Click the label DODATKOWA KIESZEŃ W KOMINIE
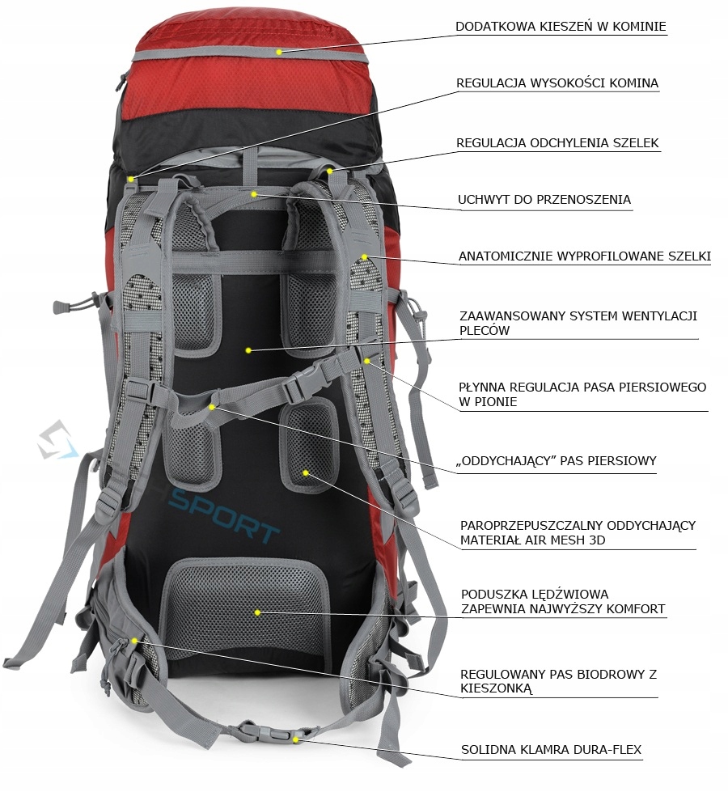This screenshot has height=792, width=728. pos(561,27)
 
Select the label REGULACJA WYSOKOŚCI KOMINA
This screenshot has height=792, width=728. pos(557,83)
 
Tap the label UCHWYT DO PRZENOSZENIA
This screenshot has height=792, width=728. pos(544,200)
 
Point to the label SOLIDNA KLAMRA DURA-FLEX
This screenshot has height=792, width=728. pos(551,750)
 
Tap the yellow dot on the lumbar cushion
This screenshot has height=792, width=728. pos(257,612)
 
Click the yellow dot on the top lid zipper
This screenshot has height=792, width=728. pos(278,52)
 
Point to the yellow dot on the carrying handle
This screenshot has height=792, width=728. pos(253,194)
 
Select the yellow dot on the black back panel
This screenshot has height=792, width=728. pos(248,350)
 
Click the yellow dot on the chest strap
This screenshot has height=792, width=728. pos(212,406)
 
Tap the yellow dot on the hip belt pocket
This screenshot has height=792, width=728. pos(134,640)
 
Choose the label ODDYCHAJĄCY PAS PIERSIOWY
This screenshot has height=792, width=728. pos(557,462)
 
